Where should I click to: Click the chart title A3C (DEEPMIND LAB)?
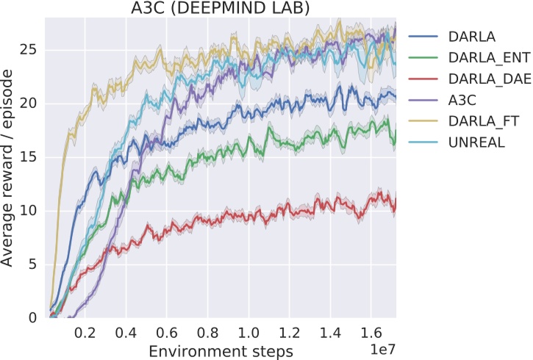[220, 9]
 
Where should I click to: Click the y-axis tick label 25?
[29, 50]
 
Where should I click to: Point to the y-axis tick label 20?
[29, 104]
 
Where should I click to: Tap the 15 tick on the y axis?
[29, 157]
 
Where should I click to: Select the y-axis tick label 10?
[29, 211]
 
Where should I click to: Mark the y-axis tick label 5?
[33, 264]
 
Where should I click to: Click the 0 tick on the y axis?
[33, 318]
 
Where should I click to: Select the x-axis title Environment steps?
[220, 350]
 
